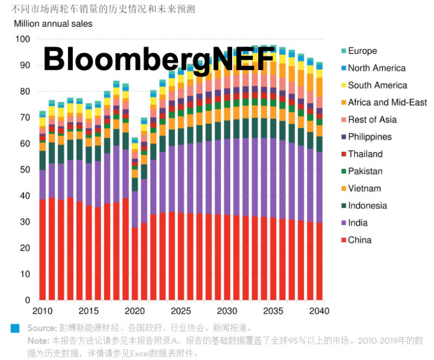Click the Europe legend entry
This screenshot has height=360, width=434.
pyautogui.click(x=362, y=51)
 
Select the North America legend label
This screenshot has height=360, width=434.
pyautogui.click(x=376, y=68)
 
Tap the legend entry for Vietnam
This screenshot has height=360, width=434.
pyautogui.click(x=365, y=189)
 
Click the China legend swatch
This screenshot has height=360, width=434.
pyautogui.click(x=343, y=240)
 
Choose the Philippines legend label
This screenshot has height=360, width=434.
pyautogui.click(x=369, y=137)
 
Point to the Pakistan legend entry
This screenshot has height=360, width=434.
pyautogui.click(x=365, y=171)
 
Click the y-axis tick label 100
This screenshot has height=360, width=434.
pyautogui.click(x=23, y=39)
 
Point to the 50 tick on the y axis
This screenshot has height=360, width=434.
pyautogui.click(x=25, y=170)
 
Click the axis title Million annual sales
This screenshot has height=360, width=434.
pyautogui.click(x=53, y=24)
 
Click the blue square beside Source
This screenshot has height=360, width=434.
pyautogui.click(x=15, y=328)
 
